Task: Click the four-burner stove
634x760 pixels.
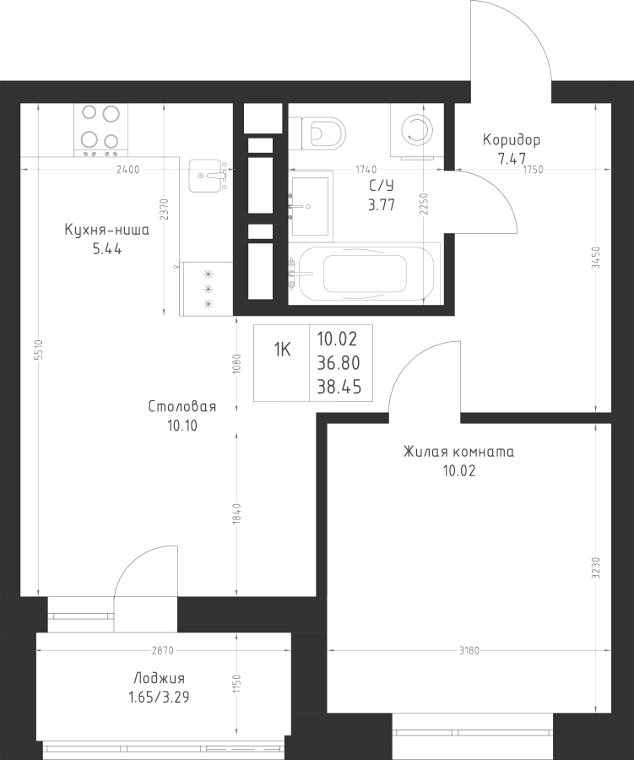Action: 99,129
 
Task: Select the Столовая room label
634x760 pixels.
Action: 182,407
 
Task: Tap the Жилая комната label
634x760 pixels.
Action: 458,452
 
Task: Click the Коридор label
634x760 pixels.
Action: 512,140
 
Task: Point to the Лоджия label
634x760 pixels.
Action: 159,678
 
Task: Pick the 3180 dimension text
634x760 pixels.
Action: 469,650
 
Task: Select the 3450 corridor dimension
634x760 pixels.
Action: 596,257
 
